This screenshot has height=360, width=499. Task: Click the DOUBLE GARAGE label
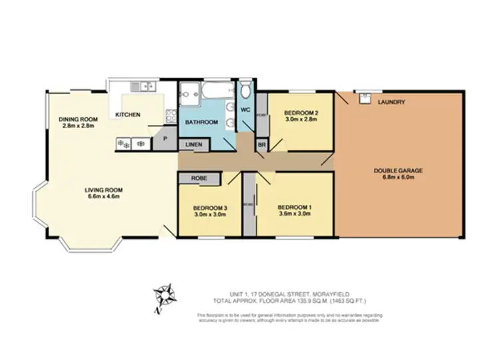(x=398, y=170)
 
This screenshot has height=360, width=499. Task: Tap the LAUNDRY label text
(x=391, y=102)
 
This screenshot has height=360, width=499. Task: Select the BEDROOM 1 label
(x=294, y=207)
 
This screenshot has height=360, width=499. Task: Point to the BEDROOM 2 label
(x=301, y=112)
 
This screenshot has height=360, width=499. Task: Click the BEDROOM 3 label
(x=210, y=208)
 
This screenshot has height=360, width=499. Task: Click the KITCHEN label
(x=128, y=115)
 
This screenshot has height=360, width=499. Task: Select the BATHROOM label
(x=201, y=122)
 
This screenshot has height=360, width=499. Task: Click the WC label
(x=244, y=109)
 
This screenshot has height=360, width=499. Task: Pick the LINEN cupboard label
(x=194, y=144)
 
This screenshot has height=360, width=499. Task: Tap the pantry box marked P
(x=164, y=140)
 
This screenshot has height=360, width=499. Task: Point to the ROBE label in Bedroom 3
(x=198, y=178)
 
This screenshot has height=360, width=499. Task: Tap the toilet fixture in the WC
(x=245, y=90)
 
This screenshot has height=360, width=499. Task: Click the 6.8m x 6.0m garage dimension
(x=398, y=178)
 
